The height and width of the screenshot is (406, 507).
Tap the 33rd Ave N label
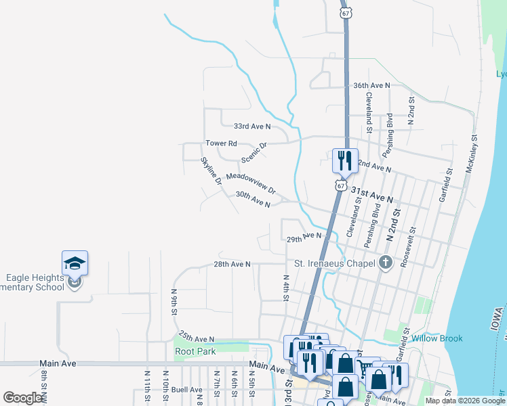(x=251, y=127)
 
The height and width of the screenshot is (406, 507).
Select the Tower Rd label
(x=222, y=143)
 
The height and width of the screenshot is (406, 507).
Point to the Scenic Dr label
(x=254, y=152)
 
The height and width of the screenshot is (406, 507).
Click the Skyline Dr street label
(x=211, y=171)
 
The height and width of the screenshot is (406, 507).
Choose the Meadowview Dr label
(x=251, y=181)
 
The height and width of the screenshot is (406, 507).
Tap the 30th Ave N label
(x=253, y=199)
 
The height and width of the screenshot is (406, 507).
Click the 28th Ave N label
(x=232, y=264)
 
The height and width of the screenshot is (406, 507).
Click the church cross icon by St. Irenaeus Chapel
(x=385, y=263)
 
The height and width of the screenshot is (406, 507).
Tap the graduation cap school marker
(x=75, y=263)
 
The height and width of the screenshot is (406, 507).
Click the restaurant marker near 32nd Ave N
(x=344, y=161)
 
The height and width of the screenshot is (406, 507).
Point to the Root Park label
(x=195, y=351)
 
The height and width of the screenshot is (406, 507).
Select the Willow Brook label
(x=437, y=338)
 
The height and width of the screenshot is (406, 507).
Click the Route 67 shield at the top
(x=346, y=13)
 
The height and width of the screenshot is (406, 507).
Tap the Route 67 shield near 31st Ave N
(x=340, y=185)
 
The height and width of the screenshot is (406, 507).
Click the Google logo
(x=22, y=398)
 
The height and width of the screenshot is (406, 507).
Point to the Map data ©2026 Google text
(x=464, y=401)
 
